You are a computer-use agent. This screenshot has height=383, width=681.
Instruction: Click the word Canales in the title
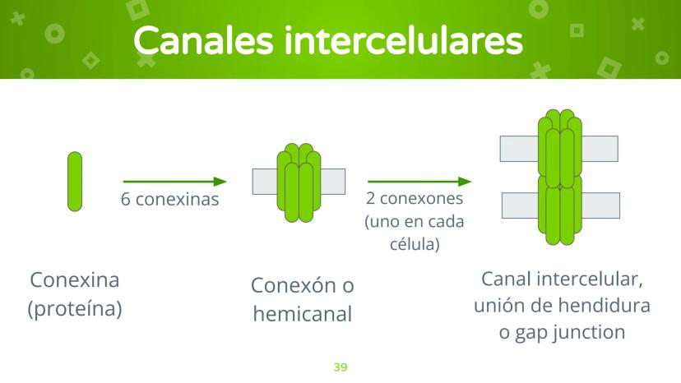(203, 40)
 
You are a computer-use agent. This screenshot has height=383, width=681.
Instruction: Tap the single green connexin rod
(75, 182)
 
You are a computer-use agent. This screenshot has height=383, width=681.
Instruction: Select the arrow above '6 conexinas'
(175, 182)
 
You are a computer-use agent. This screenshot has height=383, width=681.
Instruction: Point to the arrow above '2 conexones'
(419, 182)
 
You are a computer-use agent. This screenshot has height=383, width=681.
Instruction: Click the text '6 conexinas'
(169, 200)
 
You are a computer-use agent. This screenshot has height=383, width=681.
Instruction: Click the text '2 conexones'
(415, 198)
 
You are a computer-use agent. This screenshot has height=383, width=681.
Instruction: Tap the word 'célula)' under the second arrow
(415, 243)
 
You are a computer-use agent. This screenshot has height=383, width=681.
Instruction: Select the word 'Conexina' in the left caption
(75, 279)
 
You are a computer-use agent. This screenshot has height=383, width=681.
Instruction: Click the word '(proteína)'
(75, 309)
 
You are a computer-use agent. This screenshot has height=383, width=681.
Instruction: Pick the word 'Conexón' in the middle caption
(293, 285)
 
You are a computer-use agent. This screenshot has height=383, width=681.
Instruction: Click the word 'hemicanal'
(303, 313)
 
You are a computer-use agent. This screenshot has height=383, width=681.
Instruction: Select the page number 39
(340, 367)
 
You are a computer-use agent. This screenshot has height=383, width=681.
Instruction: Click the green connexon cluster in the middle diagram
(299, 182)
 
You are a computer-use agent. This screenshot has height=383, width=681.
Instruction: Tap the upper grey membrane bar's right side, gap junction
(600, 149)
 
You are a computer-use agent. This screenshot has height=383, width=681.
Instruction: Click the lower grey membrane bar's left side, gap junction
(520, 205)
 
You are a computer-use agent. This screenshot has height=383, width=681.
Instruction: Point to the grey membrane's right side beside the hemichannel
(333, 182)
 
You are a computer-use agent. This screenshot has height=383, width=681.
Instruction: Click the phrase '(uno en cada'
(415, 221)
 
